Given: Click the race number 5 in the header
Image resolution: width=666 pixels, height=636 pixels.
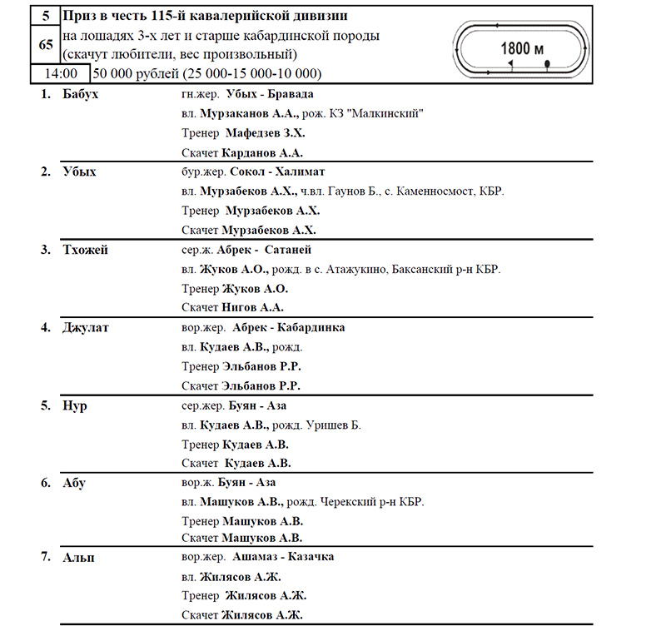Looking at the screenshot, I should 45,15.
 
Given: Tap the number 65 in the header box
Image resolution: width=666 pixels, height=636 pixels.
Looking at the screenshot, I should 46,44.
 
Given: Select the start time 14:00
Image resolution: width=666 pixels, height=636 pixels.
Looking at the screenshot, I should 61,73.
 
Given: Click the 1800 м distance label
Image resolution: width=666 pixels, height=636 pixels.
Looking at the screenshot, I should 522,47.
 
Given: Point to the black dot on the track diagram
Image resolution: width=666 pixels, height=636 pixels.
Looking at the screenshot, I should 547,62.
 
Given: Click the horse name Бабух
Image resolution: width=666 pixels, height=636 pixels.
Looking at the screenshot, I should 81,94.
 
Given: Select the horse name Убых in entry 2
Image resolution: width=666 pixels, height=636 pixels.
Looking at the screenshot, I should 79,171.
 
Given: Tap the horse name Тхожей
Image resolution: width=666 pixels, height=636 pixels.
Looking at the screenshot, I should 85,249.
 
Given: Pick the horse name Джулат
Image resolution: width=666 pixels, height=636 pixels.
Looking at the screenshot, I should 85,327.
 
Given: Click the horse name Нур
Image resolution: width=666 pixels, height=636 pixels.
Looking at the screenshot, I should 74,405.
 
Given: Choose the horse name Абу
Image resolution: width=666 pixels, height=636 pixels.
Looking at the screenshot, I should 74,483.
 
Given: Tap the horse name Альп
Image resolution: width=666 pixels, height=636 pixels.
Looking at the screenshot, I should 78,557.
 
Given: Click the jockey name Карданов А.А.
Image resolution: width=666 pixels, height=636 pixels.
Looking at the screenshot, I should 263,152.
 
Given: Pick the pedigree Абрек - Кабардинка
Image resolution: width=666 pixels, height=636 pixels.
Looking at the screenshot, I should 289,327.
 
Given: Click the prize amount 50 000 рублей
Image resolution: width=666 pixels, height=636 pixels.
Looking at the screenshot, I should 133,73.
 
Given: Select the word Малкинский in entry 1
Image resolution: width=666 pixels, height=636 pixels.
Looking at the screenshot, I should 387,114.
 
